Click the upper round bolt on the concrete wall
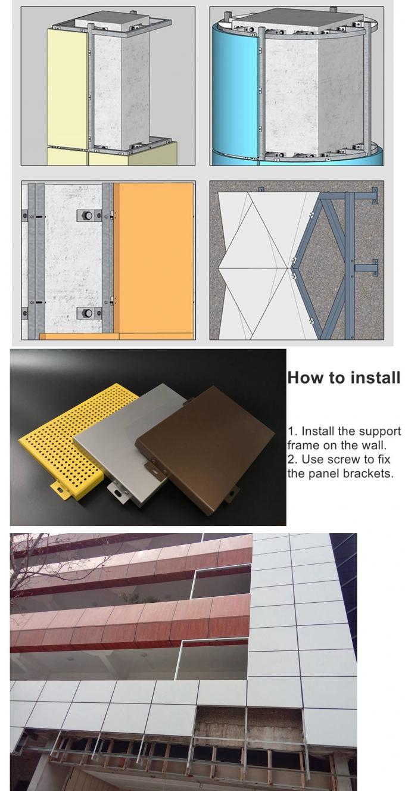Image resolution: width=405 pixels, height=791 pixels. point(87,215)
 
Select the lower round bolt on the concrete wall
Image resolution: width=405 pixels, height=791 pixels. point(87,313)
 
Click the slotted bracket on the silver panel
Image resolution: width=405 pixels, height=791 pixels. point(118,490)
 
